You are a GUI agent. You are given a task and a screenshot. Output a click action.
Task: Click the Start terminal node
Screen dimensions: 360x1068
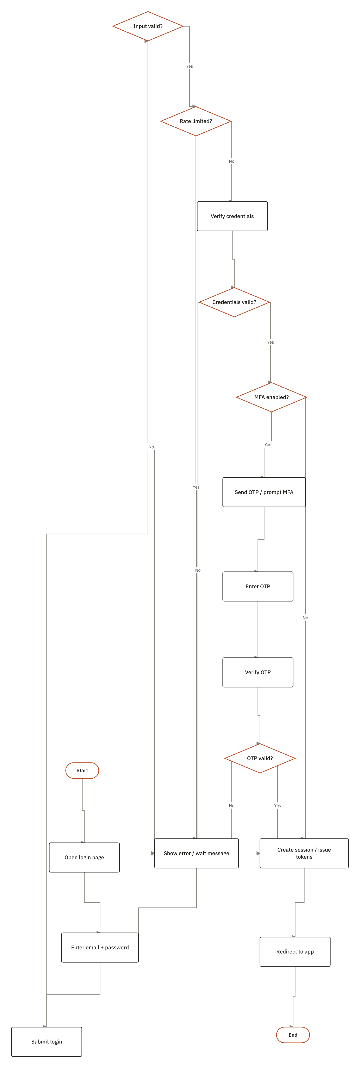[x=82, y=770]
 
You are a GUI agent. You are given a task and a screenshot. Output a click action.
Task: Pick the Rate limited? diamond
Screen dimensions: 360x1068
[x=196, y=121]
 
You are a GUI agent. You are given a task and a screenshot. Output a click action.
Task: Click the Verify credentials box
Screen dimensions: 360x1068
[x=232, y=216]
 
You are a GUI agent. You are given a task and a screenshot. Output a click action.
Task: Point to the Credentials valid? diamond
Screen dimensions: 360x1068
[x=234, y=302]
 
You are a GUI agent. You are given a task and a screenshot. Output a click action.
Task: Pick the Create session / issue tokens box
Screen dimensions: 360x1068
[x=304, y=853]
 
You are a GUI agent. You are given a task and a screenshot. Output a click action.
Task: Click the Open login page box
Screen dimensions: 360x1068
[x=84, y=857]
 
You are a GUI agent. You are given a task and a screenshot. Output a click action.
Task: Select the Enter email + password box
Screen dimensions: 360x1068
[x=100, y=947]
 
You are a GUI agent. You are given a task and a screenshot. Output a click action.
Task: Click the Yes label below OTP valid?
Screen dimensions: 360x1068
[x=278, y=806]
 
